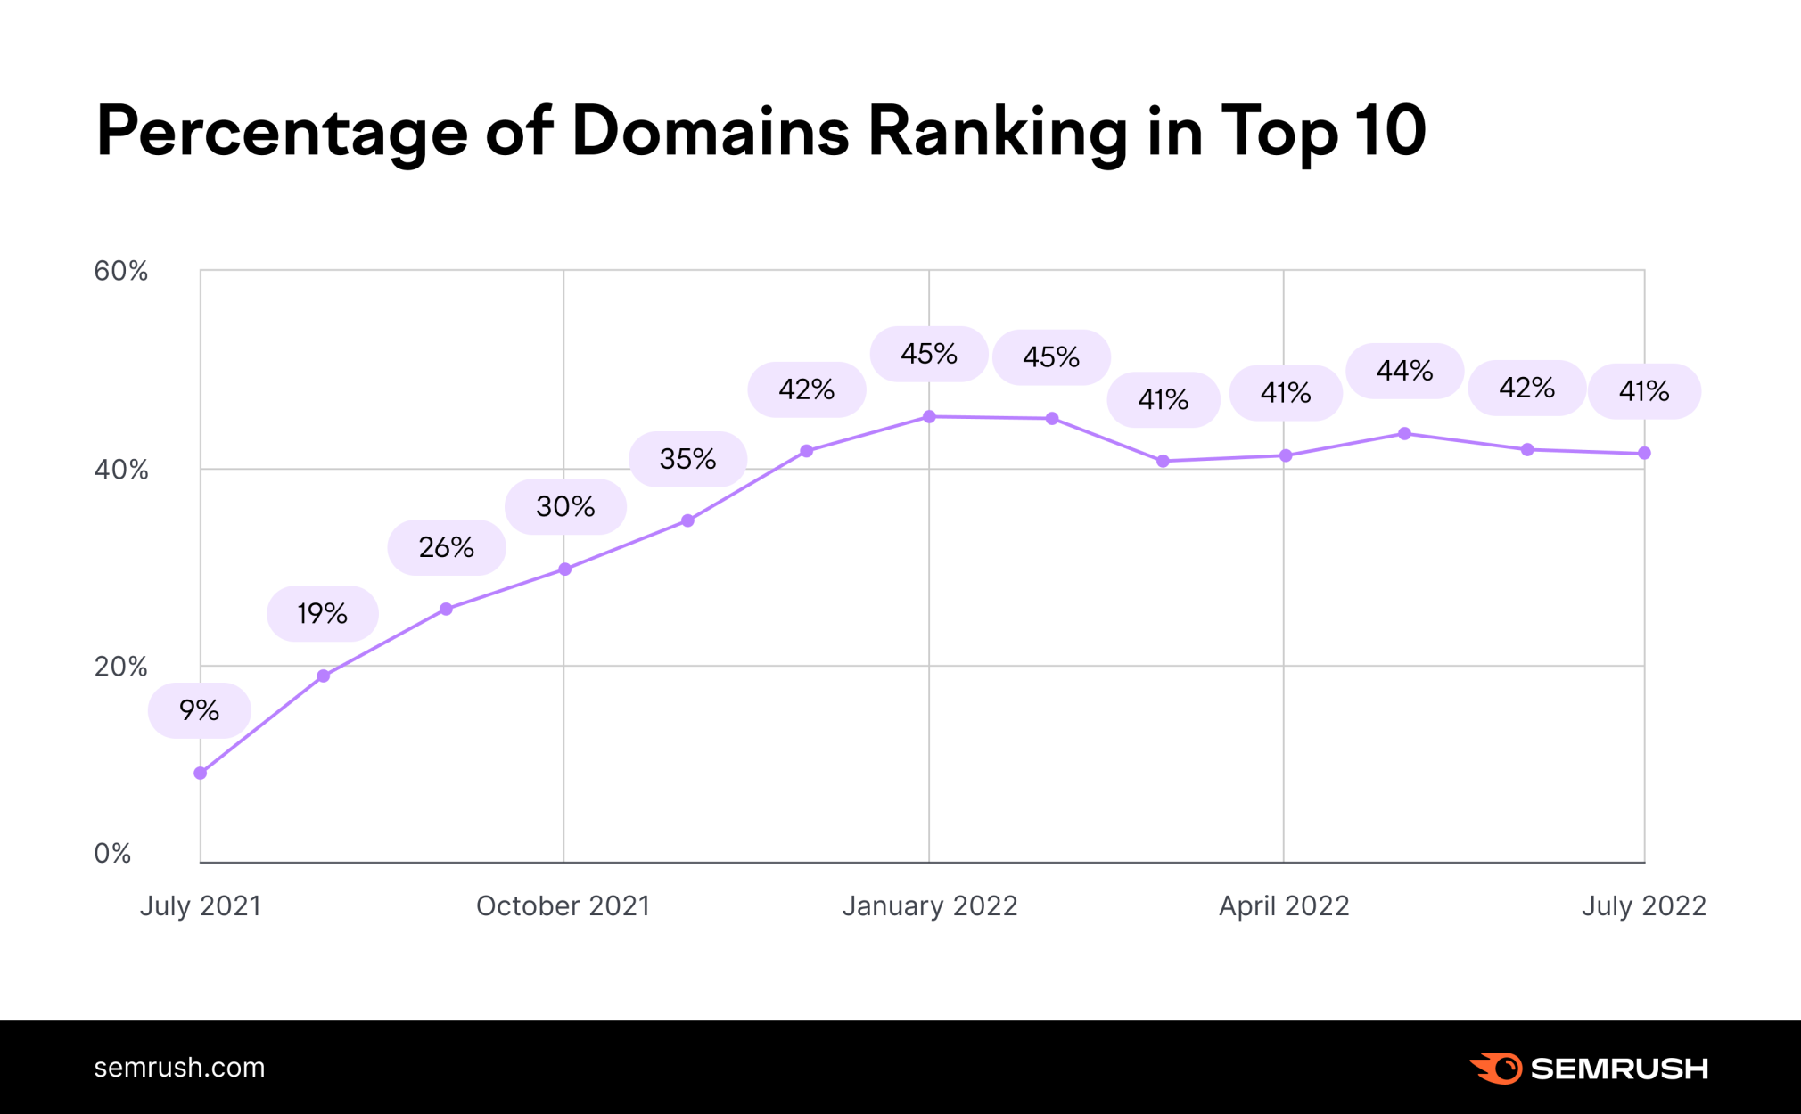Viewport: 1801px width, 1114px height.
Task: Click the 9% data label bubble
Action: [x=199, y=710]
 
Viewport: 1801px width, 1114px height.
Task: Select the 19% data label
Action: [x=322, y=613]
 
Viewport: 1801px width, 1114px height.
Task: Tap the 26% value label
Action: [x=446, y=547]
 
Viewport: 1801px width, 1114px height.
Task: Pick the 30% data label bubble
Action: [x=565, y=506]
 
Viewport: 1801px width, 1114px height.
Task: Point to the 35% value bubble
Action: [x=687, y=459]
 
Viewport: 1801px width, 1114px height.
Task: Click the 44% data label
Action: [x=1404, y=370]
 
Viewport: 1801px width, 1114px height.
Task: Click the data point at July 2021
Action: [x=201, y=774]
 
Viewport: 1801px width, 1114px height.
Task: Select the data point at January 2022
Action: [x=929, y=416]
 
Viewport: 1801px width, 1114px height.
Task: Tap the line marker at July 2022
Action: [x=1644, y=454]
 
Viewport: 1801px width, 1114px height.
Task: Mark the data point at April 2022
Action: [x=1285, y=455]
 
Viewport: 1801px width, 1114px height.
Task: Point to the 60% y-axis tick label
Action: [x=121, y=271]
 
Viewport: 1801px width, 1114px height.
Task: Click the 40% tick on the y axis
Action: [x=121, y=470]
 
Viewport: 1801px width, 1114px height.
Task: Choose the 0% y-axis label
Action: [x=113, y=853]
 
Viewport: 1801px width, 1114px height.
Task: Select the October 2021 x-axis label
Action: [x=563, y=905]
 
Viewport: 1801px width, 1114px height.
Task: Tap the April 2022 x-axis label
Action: [x=1284, y=905]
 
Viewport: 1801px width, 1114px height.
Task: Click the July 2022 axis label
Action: [x=1643, y=905]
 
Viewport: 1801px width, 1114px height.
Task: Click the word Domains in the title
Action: [x=711, y=131]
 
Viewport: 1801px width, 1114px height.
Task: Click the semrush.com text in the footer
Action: [x=179, y=1067]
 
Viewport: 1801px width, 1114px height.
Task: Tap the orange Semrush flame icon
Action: [x=1497, y=1068]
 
